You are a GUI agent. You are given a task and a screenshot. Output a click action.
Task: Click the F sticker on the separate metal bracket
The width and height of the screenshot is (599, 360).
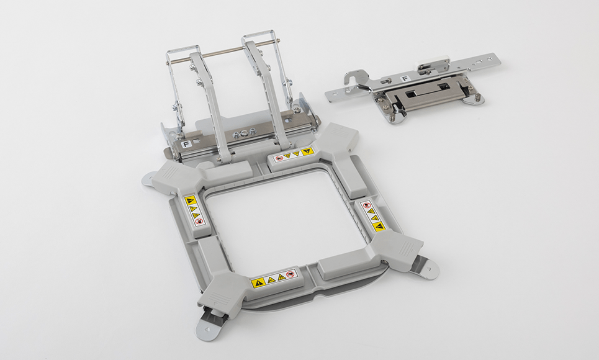click(405, 79)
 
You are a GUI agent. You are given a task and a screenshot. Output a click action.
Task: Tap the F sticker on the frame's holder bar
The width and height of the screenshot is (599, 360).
click(186, 144)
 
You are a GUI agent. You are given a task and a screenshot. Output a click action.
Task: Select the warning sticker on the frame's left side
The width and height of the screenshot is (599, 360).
click(194, 210)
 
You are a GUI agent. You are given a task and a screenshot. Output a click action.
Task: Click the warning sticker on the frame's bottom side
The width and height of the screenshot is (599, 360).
click(274, 279)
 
